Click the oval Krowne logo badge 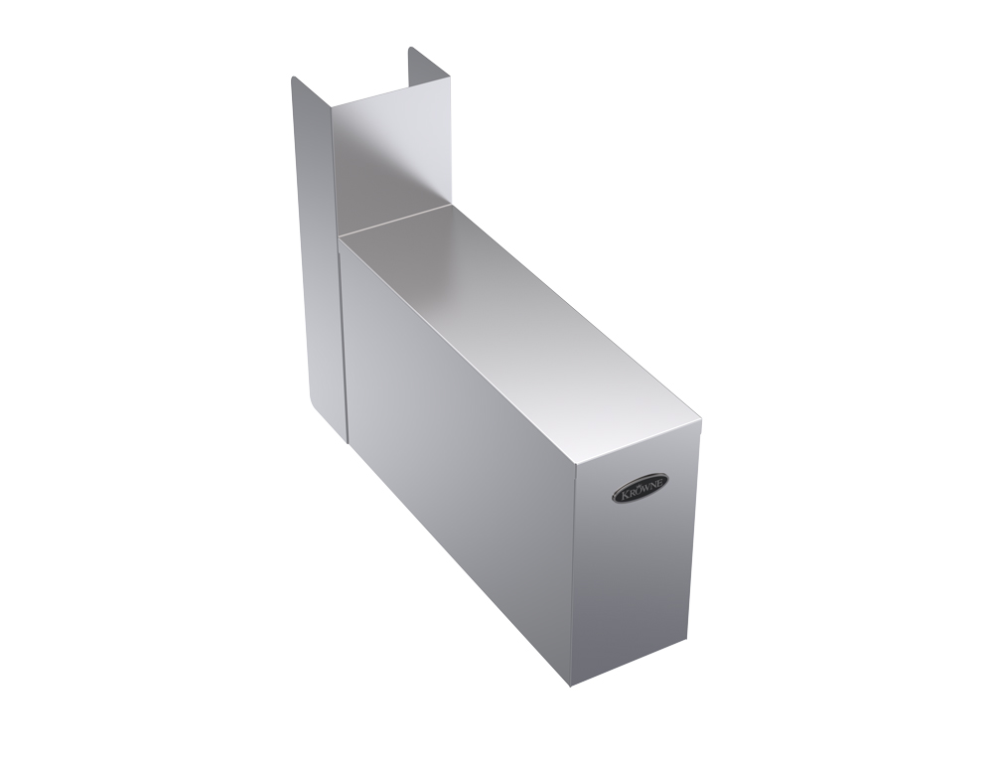click(639, 487)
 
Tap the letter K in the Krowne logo click(622, 495)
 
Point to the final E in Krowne click(660, 483)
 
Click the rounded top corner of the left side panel click(294, 77)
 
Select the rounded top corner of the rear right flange click(411, 48)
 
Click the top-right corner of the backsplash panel click(450, 78)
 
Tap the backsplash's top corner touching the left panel click(332, 106)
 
